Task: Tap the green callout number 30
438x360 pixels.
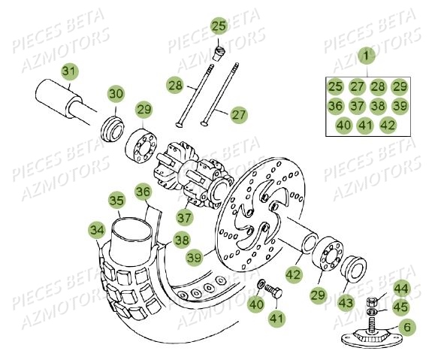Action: [116, 93]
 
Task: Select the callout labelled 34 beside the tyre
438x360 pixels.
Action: [97, 231]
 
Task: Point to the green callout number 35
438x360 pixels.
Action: [116, 201]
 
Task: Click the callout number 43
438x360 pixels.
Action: [346, 302]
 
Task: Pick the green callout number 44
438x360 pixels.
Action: [401, 289]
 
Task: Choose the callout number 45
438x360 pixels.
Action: [401, 307]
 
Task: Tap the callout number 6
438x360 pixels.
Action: [407, 327]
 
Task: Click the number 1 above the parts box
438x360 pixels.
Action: [366, 56]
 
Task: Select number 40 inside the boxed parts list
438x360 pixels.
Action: [343, 126]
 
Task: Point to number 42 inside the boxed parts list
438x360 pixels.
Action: [388, 126]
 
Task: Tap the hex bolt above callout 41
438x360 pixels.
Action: [273, 291]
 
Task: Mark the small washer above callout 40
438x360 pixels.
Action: [261, 284]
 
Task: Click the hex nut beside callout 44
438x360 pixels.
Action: [371, 302]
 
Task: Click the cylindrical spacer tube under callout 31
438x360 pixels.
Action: [65, 99]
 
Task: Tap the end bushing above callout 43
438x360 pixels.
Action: [354, 270]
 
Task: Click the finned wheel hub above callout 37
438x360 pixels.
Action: [193, 174]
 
